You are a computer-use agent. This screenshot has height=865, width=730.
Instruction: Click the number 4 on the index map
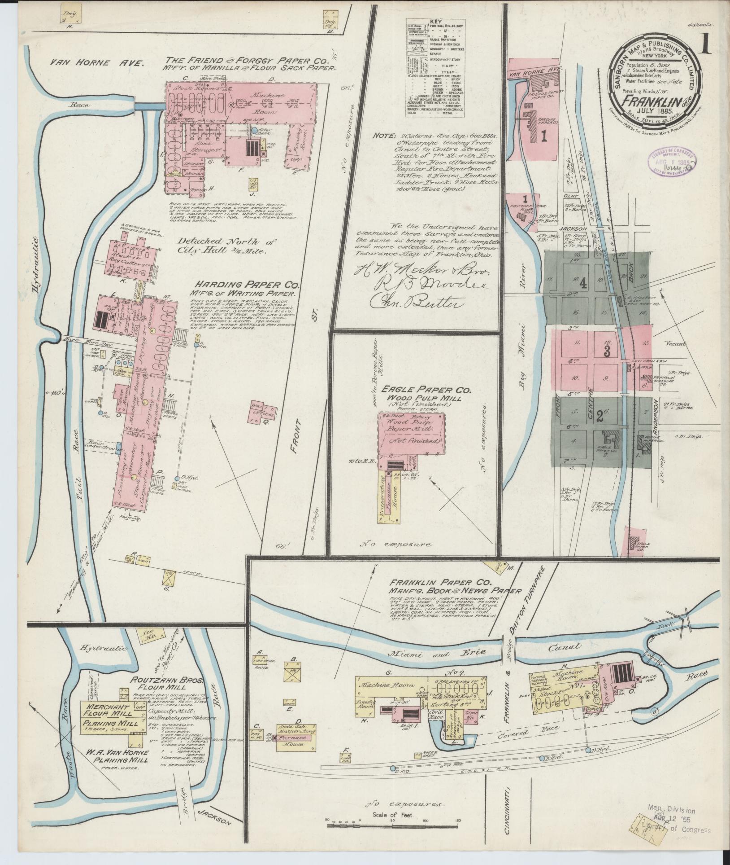tap(582, 284)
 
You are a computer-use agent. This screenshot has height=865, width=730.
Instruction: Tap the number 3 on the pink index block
tap(607, 351)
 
